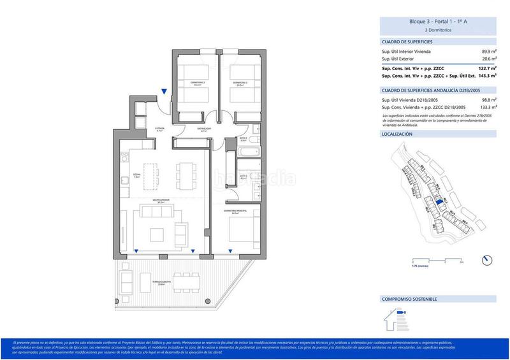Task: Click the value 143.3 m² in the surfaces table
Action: (486, 76)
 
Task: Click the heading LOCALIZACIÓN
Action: (397, 135)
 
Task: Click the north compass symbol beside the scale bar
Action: (488, 259)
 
